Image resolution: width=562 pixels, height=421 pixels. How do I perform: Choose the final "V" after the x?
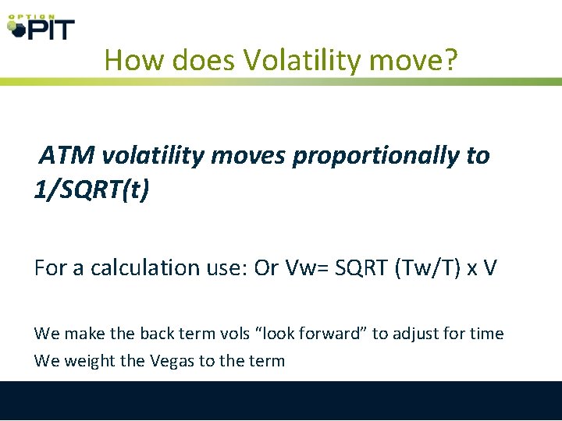click(x=489, y=268)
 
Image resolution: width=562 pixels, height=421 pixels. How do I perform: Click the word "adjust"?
click(x=414, y=334)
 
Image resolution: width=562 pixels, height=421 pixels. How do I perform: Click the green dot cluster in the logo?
click(x=16, y=28)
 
